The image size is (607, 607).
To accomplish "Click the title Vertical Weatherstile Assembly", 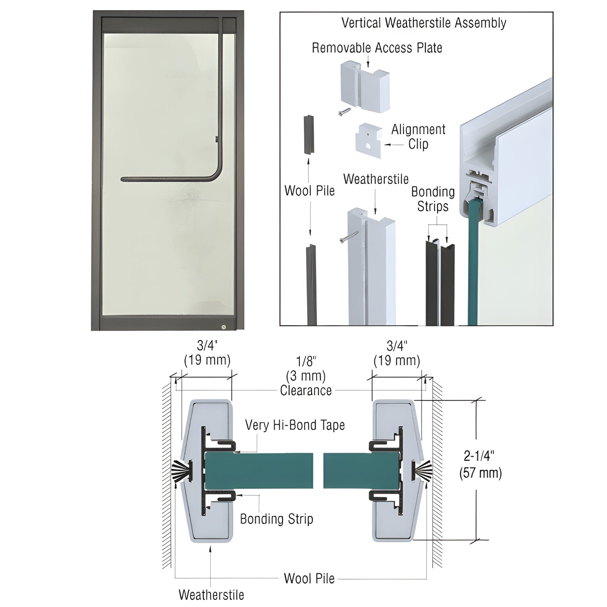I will click(423, 23).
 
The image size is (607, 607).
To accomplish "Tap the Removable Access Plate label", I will click(377, 48).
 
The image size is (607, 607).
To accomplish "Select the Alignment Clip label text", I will click(418, 137).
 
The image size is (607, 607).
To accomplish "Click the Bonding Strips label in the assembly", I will click(433, 199).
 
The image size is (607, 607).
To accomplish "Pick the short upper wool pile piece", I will click(307, 134).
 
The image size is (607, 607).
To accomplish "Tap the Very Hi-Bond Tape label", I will click(295, 425).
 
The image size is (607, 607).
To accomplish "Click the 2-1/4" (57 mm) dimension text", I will click(480, 464).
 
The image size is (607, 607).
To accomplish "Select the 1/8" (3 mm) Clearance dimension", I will click(306, 376).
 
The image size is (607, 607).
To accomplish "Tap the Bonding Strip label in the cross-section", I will click(276, 519).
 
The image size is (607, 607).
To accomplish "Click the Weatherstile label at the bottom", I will click(211, 594).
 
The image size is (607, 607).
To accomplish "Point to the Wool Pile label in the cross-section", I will click(309, 578).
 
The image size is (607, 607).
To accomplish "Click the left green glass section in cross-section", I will click(258, 470).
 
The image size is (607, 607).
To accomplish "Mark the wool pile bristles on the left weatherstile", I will click(181, 470).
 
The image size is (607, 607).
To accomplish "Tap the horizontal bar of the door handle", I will click(168, 179).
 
